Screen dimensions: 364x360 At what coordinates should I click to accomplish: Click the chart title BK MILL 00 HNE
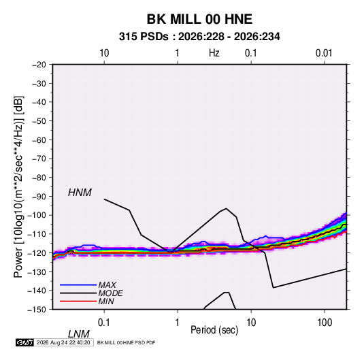coord(199,19)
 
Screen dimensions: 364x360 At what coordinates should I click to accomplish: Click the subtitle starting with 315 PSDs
coord(199,37)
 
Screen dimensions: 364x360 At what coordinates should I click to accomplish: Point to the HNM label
coord(80,193)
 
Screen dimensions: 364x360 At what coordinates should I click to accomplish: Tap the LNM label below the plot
coord(78,334)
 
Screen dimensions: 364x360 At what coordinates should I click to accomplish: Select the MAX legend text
coord(107,284)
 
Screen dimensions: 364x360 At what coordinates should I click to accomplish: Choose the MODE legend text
coord(110,293)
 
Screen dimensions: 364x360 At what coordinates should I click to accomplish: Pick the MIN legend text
coord(106,301)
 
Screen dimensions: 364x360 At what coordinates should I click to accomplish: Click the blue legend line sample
coord(78,284)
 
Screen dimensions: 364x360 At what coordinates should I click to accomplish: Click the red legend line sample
coord(78,301)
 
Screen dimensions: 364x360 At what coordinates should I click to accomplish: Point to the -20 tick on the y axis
coord(39,65)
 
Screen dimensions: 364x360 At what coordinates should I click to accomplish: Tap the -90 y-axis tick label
coord(39,196)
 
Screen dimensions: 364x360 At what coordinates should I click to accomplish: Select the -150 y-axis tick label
coord(37,310)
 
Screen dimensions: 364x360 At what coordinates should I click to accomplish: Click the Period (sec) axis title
coord(214,330)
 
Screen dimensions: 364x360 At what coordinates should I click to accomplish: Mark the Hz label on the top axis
coord(214,53)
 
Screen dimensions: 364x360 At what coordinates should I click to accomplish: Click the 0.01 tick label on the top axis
coord(324,53)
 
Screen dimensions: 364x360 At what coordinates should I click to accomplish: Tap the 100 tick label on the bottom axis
coord(325,323)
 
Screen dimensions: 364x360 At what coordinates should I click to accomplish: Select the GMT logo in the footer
coord(24,342)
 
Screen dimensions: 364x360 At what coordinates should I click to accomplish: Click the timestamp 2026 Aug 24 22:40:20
coord(63,342)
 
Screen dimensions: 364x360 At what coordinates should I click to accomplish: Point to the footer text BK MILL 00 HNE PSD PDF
coord(126,342)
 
